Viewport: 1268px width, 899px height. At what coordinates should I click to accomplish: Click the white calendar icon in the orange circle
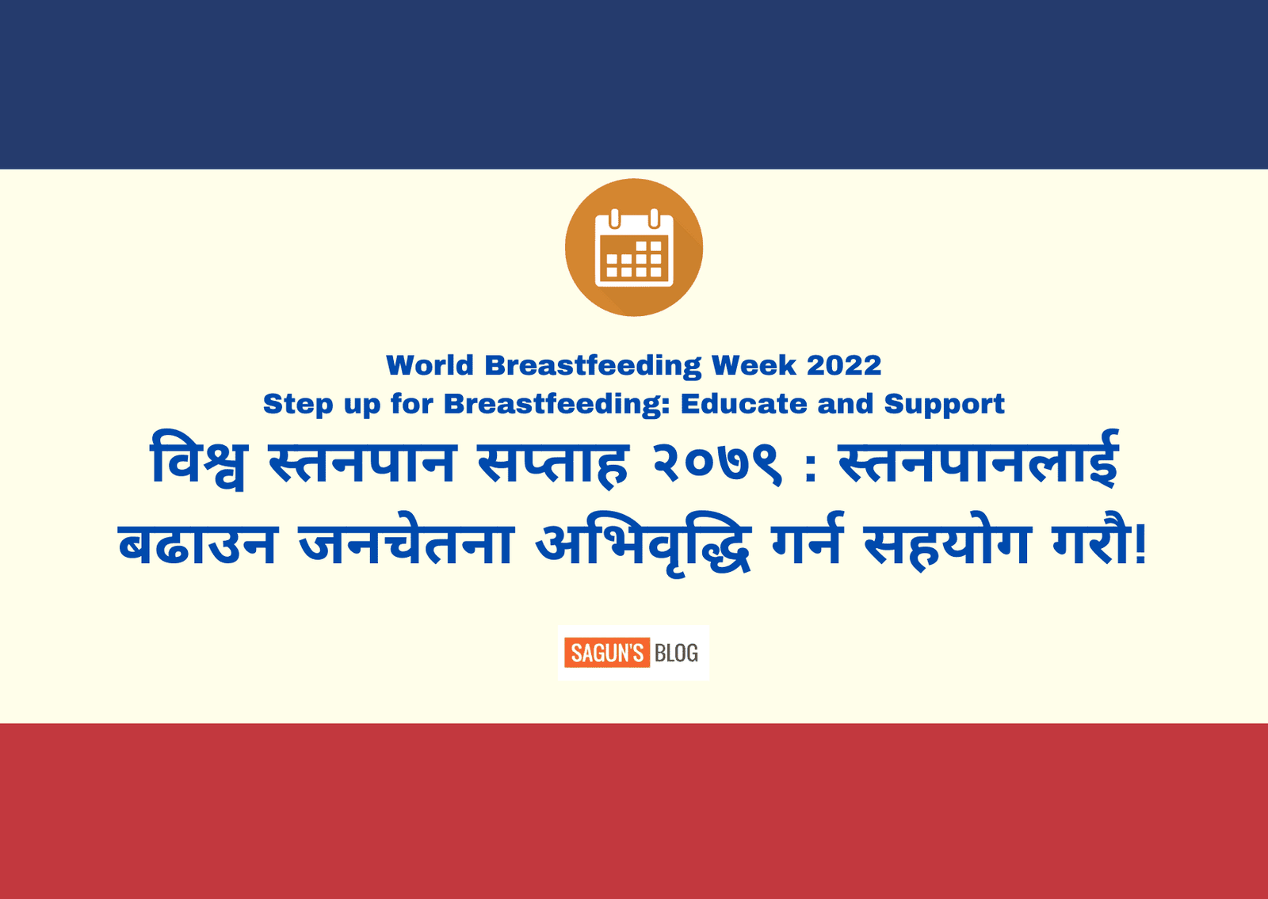634,248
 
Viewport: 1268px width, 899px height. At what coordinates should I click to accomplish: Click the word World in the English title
430,365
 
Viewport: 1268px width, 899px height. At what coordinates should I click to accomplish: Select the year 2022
844,365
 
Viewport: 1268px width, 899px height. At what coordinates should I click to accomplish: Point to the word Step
298,405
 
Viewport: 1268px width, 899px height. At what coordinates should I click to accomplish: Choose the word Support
944,405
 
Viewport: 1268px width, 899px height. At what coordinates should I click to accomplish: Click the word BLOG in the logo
677,653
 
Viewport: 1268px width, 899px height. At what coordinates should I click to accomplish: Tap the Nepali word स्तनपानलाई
978,459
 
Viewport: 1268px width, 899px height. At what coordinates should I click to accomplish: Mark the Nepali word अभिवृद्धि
644,543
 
